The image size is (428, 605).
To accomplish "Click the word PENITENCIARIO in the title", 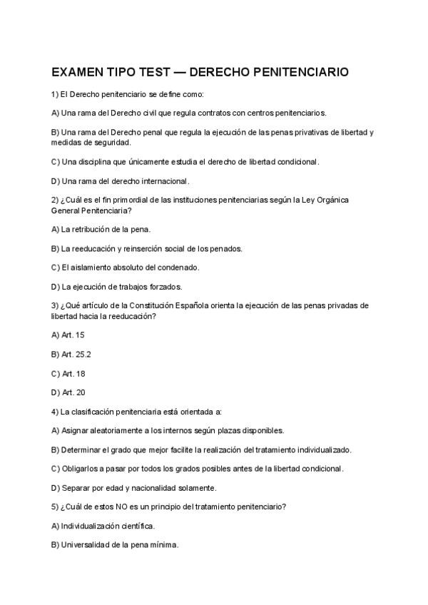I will click(304, 73).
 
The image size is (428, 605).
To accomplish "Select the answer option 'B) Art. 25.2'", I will click(71, 354).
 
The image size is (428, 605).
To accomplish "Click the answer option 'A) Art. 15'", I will click(68, 335).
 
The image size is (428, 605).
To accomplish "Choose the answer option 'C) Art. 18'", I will click(68, 373).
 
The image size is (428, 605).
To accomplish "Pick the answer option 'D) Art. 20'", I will click(68, 392).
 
